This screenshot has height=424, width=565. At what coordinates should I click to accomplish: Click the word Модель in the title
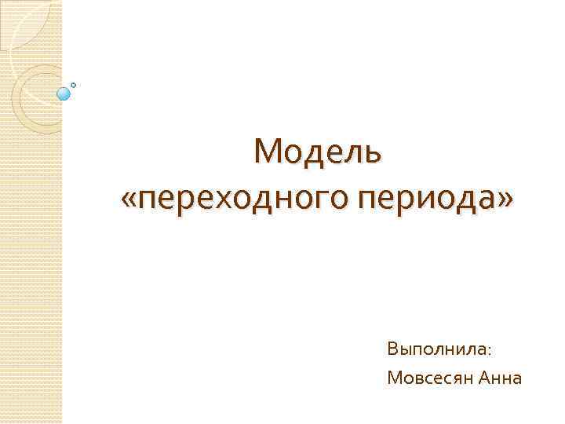318,152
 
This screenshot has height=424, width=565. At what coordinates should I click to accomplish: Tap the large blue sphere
64,94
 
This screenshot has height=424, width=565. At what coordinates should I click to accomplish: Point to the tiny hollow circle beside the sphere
74,84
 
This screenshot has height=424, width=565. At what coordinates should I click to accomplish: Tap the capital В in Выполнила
392,347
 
